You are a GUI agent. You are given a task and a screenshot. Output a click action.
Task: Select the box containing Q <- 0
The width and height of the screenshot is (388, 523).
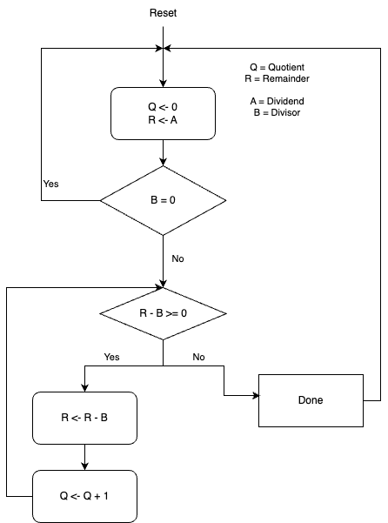(163, 113)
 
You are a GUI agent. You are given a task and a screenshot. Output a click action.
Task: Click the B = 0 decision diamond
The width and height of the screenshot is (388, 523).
(163, 200)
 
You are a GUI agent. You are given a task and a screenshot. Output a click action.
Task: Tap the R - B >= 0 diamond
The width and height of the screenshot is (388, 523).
(163, 313)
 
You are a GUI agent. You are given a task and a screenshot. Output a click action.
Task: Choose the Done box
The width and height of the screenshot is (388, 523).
(310, 400)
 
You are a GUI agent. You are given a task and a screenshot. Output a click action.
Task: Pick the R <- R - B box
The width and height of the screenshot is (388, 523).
(84, 418)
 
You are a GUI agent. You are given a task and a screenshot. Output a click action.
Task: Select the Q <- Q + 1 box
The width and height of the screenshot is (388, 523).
(84, 496)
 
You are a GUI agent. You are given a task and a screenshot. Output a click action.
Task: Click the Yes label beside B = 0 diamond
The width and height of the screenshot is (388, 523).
(51, 184)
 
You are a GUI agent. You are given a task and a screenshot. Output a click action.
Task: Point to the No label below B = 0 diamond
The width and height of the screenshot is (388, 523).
(178, 258)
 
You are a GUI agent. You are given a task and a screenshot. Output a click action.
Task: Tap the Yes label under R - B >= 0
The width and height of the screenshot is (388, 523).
(111, 357)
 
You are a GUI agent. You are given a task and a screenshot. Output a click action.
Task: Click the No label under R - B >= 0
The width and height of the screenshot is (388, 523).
(198, 357)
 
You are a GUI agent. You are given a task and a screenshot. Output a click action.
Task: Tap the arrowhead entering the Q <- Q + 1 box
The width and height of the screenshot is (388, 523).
(84, 466)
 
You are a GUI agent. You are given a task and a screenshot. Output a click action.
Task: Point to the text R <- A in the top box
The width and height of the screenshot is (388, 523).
(163, 120)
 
